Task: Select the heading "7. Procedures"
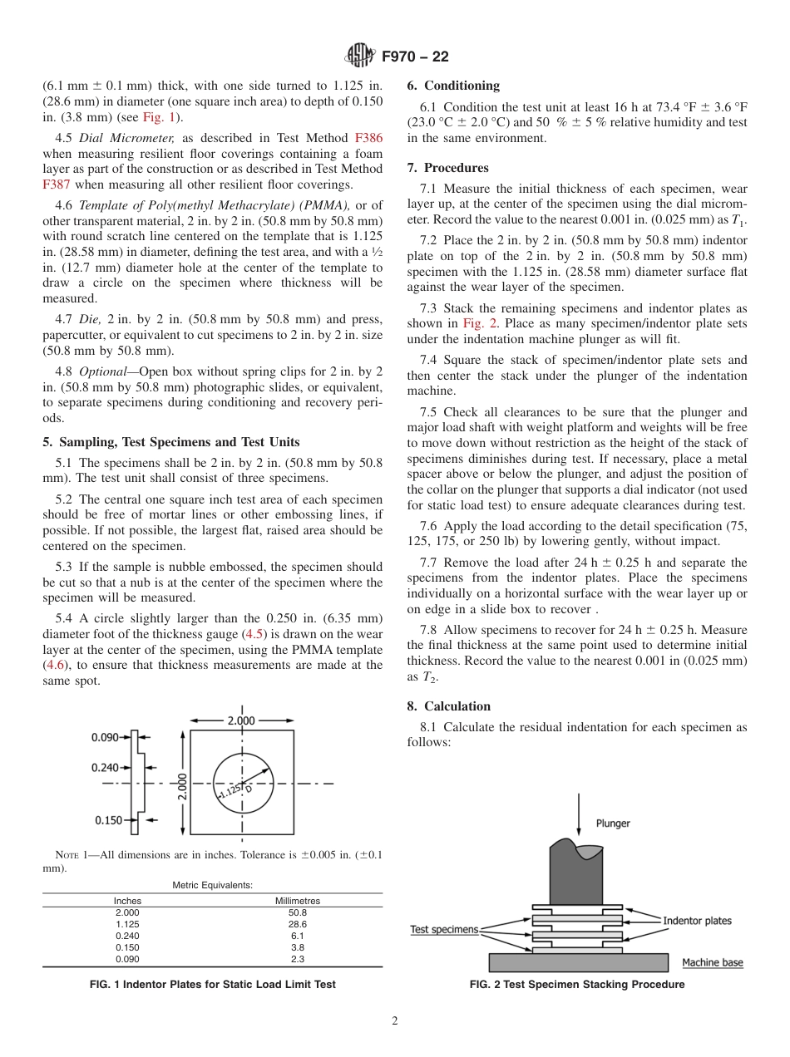[448, 168]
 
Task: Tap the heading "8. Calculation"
[448, 706]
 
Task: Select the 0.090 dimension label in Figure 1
[106, 736]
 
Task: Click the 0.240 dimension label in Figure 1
[106, 767]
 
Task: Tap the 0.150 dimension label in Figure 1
[108, 820]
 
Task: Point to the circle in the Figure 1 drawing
[243, 783]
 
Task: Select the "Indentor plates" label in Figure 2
[697, 920]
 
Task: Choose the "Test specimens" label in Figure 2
[444, 929]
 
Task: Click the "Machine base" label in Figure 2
[713, 962]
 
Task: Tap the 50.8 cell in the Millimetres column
[297, 912]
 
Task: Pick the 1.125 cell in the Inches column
[127, 924]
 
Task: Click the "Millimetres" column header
[297, 901]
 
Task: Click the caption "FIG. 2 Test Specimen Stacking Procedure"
[577, 985]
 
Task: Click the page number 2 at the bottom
[395, 1021]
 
